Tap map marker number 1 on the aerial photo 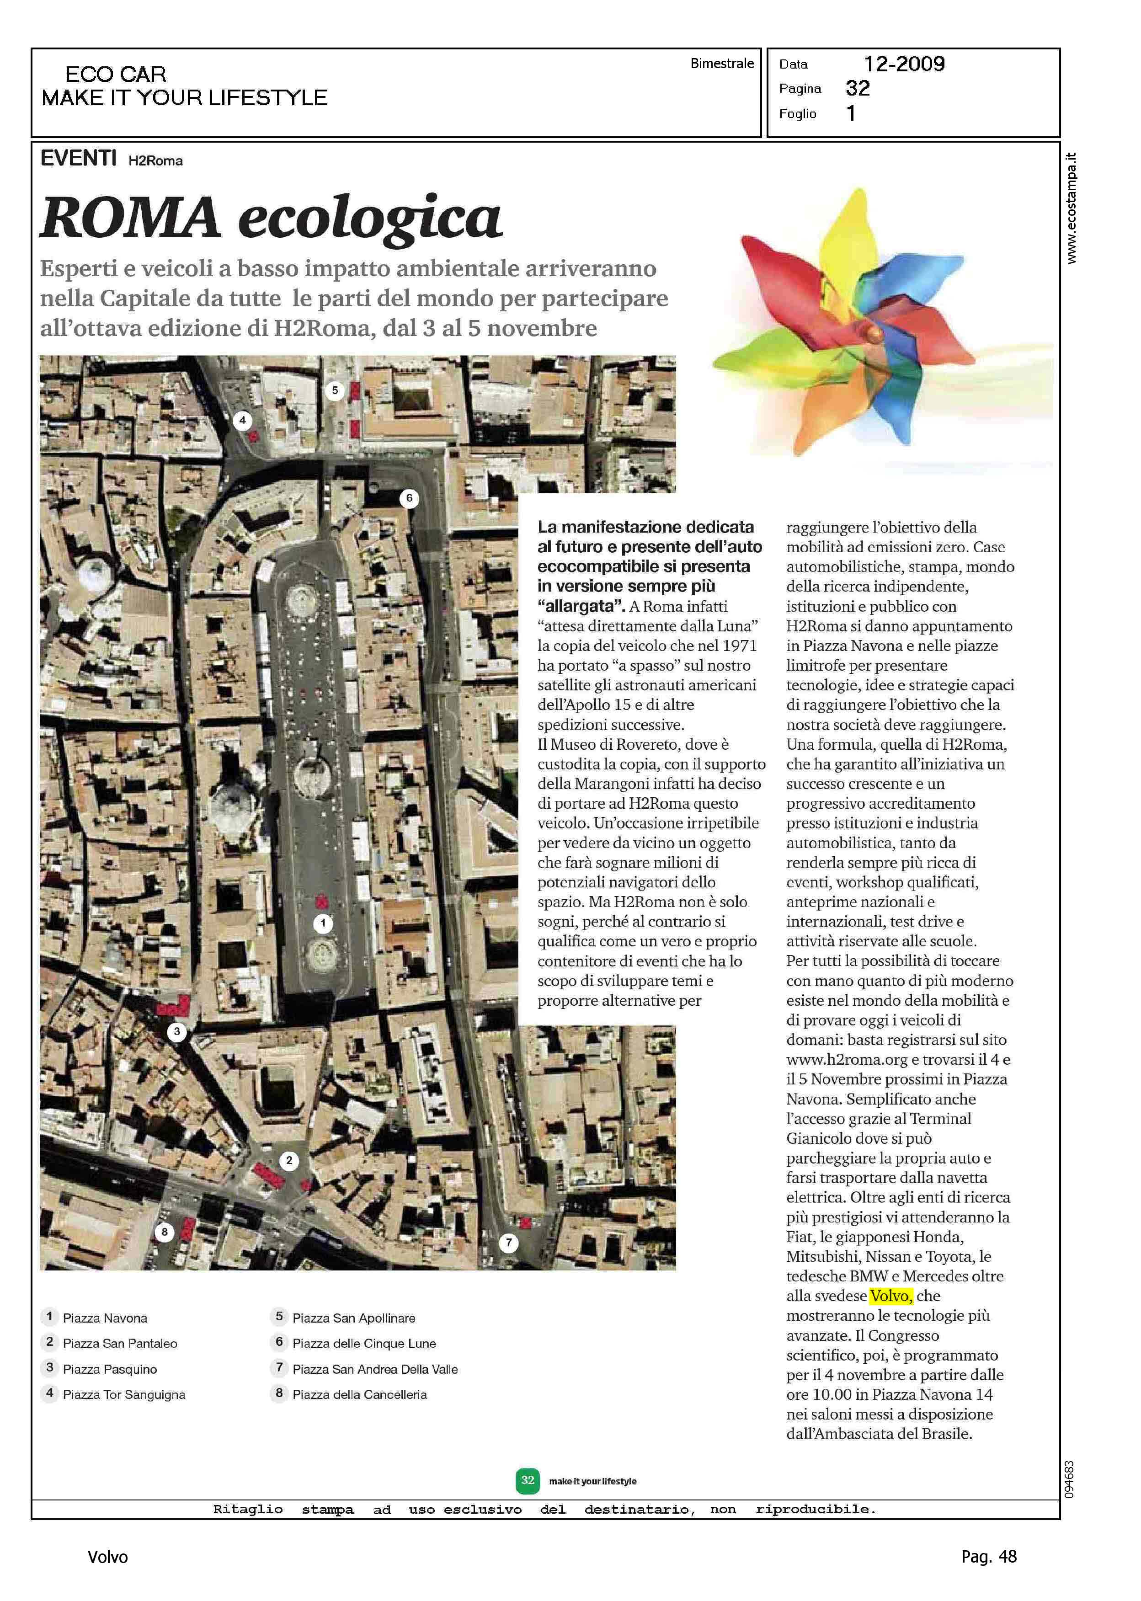coord(323,923)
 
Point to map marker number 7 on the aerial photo coord(509,1243)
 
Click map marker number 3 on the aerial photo coord(177,1032)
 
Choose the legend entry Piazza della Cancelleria coord(359,1394)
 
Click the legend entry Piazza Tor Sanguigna coord(124,1394)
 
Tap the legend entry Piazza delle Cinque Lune coord(364,1343)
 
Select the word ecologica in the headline coord(370,219)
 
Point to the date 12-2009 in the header coord(904,64)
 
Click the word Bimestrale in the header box coord(721,63)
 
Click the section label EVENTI coord(79,159)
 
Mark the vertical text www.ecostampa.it coord(1071,208)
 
